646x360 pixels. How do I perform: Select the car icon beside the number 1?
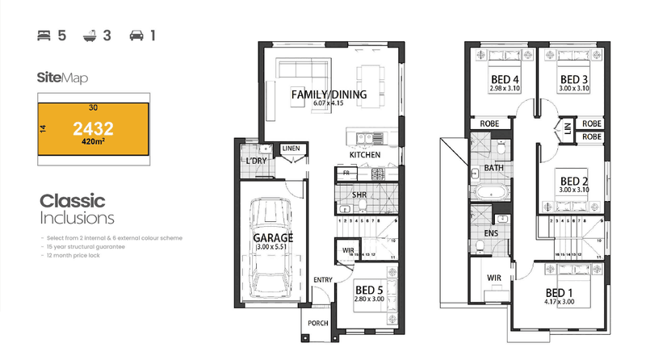point(137,36)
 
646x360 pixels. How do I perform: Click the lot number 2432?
point(93,128)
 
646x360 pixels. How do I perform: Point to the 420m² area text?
point(94,142)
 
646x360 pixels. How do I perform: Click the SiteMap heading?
point(62,78)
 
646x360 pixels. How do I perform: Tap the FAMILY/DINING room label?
point(329,94)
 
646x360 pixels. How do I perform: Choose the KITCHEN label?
point(365,155)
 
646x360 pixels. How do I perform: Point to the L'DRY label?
point(256,161)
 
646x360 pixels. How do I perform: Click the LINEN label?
point(291,149)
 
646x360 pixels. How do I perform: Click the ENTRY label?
point(324,279)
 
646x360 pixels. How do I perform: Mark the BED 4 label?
point(505,79)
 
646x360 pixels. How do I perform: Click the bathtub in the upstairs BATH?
point(490,192)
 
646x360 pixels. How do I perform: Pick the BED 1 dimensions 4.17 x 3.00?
point(561,303)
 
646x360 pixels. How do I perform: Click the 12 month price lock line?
point(74,255)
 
